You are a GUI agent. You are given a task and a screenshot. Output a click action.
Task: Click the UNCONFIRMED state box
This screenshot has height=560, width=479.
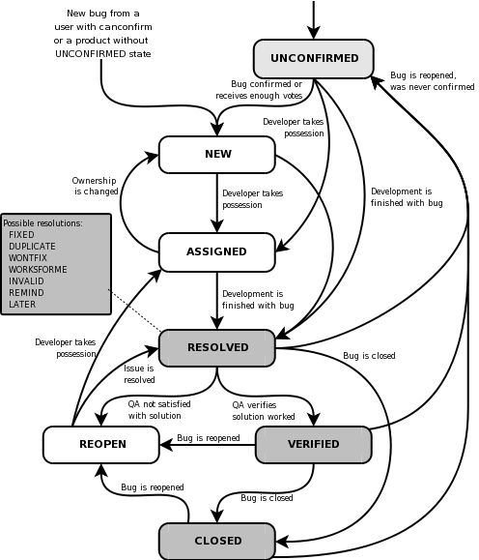coord(314,58)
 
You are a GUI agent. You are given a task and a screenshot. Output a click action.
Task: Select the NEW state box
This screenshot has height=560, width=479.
coord(217,154)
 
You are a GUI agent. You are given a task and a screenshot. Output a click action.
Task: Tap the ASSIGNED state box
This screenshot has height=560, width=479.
coord(217,251)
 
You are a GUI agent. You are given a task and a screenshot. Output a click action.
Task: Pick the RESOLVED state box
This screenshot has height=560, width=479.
coord(217,347)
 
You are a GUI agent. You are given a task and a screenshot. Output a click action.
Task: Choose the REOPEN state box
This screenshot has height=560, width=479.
coord(100,444)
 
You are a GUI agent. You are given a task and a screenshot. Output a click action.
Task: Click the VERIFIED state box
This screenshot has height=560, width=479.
coord(313,444)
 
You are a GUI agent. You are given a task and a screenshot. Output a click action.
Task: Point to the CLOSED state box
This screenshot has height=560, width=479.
coord(216,541)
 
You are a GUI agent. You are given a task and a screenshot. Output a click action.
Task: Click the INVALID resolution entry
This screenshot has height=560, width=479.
coord(27,280)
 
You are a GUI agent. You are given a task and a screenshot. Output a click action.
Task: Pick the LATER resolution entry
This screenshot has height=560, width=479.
coord(22,304)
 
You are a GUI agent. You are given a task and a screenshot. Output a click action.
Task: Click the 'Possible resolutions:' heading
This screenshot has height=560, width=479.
coord(43,222)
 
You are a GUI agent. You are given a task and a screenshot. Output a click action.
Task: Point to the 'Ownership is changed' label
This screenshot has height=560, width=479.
coord(95,186)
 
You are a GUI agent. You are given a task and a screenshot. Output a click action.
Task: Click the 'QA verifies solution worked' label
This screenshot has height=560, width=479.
coord(264,409)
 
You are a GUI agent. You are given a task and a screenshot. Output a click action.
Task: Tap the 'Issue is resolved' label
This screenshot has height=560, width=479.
coord(138,373)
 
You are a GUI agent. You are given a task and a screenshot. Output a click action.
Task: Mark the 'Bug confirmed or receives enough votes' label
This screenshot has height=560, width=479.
coord(268,88)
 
